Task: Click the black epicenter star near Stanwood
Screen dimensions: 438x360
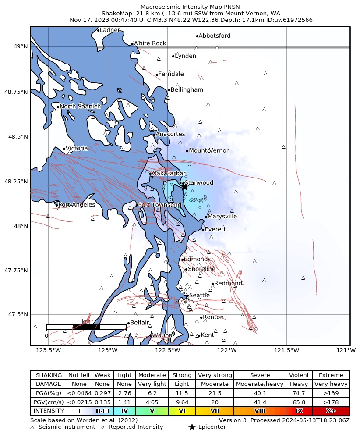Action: [x=184, y=186]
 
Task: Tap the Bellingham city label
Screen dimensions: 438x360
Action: [x=187, y=90]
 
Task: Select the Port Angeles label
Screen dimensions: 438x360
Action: [x=77, y=205]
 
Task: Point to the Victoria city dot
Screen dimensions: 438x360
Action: [x=64, y=149]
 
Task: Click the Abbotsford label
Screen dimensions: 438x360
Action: [x=215, y=36]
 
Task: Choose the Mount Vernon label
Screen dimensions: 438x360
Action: [x=209, y=151]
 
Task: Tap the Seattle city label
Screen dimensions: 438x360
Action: [x=199, y=296]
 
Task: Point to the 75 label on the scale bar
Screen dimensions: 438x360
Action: [x=126, y=336]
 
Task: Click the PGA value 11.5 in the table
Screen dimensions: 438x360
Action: [x=182, y=393]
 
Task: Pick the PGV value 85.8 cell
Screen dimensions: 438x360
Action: [x=299, y=402]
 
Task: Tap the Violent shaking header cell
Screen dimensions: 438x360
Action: [x=299, y=375]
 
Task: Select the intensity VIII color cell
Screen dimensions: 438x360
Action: [x=260, y=411]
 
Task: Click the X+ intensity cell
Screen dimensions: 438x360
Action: [x=331, y=411]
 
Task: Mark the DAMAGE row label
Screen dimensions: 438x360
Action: [x=49, y=384]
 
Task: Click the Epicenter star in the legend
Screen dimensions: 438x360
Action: [x=191, y=427]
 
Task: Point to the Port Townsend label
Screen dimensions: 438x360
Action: [x=160, y=205]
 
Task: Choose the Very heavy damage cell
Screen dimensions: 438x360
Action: [x=331, y=384]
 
